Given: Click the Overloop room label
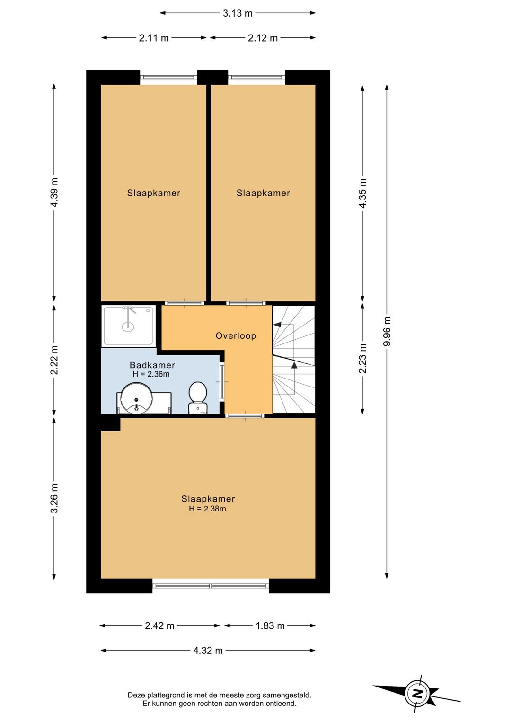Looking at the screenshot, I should tap(236, 336).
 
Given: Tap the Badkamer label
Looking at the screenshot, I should tap(152, 365).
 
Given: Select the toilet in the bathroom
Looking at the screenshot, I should tap(198, 397).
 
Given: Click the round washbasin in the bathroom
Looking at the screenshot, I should tap(136, 398).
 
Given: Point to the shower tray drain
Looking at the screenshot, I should tap(128, 326).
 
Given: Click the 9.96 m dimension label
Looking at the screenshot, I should tap(387, 331).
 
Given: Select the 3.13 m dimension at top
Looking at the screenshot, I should tap(238, 13).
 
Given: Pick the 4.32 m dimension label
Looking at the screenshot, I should tap(208, 651).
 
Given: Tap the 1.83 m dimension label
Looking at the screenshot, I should tap(270, 626).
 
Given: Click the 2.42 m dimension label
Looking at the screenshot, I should tap(159, 626).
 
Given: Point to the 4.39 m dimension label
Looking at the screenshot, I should tap(54, 192).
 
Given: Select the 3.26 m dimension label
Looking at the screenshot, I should tap(54, 498).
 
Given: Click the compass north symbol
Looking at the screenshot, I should tap(417, 694).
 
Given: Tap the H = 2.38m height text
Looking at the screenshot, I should tap(207, 509).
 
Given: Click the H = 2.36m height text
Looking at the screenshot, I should tap(151, 374).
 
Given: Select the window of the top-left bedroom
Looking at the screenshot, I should tap(168, 77).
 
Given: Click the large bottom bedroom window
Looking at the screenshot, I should tap(211, 586).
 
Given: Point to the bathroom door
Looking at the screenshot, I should tap(222, 382).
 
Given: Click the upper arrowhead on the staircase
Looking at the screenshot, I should tap(277, 325).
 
